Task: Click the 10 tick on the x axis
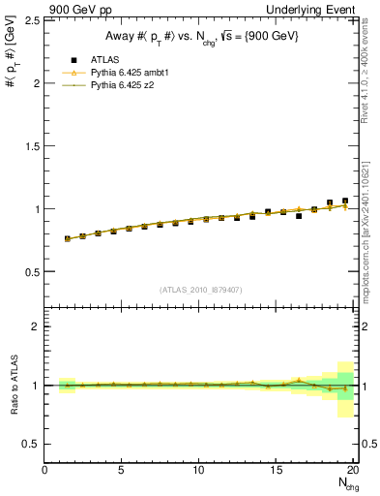point(199,471)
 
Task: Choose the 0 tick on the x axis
point(44,471)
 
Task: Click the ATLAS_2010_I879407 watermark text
point(201,289)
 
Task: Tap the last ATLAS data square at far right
point(345,201)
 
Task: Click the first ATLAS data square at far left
point(68,238)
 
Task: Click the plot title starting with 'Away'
point(201,37)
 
